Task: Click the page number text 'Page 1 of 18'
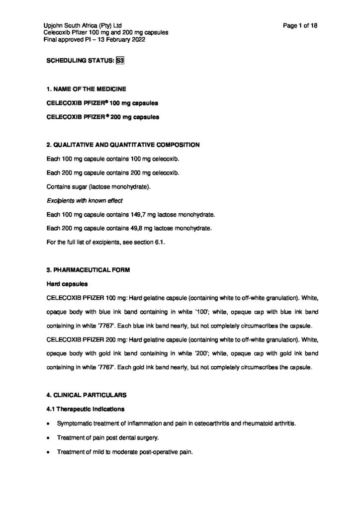pyautogui.click(x=298, y=26)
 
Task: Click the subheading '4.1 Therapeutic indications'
pyautogui.click(x=84, y=409)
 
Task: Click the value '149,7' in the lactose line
pyautogui.click(x=134, y=214)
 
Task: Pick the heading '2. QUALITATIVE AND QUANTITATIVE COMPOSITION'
pyautogui.click(x=123, y=145)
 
